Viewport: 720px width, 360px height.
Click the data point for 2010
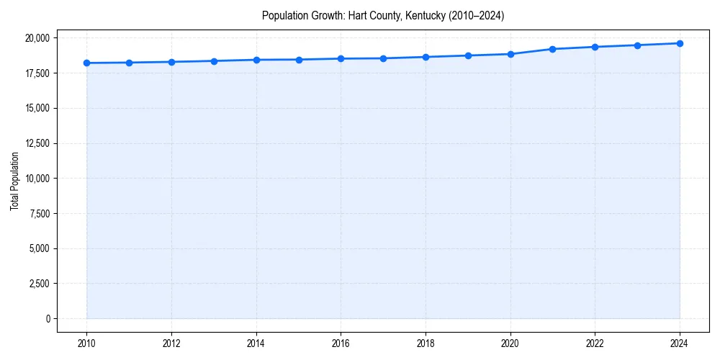[86, 63]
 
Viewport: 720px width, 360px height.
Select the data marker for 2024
[680, 43]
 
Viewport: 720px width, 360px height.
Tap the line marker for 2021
[552, 49]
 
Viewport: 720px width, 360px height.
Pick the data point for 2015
[299, 60]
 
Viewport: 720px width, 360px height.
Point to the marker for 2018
[426, 57]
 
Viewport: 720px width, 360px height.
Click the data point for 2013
[214, 61]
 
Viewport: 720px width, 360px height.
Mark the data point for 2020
[510, 54]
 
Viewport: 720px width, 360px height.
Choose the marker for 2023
[637, 45]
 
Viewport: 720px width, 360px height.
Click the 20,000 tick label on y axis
[35, 37]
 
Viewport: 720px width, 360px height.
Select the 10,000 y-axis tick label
[35, 178]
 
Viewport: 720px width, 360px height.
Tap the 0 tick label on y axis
[47, 318]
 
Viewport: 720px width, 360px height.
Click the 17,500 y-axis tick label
[35, 73]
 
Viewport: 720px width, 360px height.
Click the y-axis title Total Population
[15, 181]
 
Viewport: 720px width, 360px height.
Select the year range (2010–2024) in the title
[476, 15]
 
